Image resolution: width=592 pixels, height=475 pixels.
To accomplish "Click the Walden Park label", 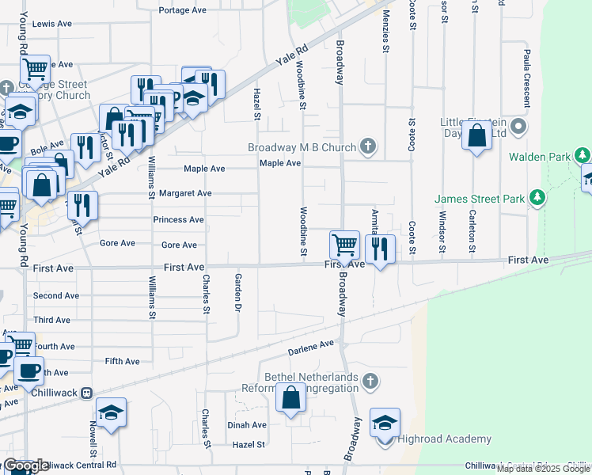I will pyautogui.click(x=539, y=157).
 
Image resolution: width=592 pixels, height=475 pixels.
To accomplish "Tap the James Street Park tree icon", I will pyautogui.click(x=537, y=196).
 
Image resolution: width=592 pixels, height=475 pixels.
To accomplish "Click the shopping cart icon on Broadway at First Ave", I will pyautogui.click(x=344, y=245).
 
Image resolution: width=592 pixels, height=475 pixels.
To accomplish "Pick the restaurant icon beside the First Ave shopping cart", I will pyautogui.click(x=380, y=249).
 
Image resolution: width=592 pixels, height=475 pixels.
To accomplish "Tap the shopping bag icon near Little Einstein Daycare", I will pyautogui.click(x=477, y=136).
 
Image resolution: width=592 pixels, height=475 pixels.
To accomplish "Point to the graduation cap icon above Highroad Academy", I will pyautogui.click(x=385, y=424).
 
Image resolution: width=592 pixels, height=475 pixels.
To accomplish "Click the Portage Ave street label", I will pyautogui.click(x=182, y=10).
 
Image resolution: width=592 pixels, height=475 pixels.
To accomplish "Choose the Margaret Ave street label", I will pyautogui.click(x=184, y=192).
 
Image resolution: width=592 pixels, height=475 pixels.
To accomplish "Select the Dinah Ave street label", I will pyautogui.click(x=248, y=424).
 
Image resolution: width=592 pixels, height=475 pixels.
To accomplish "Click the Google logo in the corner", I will pyautogui.click(x=25, y=465).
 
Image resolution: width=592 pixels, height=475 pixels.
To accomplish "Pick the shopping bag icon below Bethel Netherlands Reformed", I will pyautogui.click(x=290, y=398).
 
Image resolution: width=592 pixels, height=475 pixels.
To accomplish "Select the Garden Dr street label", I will pyautogui.click(x=237, y=293).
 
